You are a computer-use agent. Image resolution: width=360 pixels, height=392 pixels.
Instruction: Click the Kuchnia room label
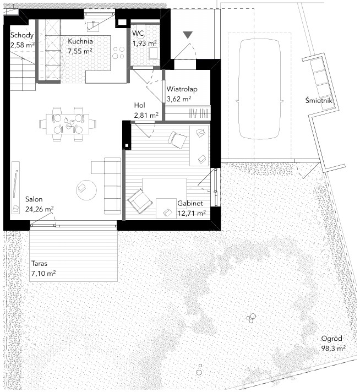[x=80, y=41]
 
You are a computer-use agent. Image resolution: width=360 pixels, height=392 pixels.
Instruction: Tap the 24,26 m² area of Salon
[x=39, y=209]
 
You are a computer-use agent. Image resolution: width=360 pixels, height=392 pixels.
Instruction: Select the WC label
[x=138, y=33]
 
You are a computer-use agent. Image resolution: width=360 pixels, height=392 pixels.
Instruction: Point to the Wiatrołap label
[x=182, y=89]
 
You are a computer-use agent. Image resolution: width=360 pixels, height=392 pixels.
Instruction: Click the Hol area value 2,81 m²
[x=146, y=115]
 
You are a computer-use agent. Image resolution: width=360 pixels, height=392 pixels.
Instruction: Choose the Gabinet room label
[x=190, y=204]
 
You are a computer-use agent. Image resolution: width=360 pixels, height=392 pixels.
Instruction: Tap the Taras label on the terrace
[x=39, y=264]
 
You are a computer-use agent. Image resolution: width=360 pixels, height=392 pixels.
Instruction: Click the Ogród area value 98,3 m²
[x=334, y=349]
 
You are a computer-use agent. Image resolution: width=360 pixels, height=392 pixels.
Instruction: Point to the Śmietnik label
[x=319, y=100]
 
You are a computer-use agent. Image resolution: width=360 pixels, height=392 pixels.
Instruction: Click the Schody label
[x=22, y=35]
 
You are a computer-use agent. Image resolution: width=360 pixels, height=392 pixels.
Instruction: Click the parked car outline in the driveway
[x=260, y=89]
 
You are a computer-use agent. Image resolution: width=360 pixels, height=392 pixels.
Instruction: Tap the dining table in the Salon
[x=68, y=124]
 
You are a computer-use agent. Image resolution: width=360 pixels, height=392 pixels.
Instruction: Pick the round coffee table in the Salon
[x=86, y=190]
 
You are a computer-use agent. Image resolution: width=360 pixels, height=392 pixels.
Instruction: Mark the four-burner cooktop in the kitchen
[x=118, y=53]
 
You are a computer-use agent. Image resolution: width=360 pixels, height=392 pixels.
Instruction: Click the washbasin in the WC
[x=153, y=53]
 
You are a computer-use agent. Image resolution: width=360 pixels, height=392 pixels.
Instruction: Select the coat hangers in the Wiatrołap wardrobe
[x=199, y=113]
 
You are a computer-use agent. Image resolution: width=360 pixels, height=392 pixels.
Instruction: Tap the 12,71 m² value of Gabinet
[x=192, y=213]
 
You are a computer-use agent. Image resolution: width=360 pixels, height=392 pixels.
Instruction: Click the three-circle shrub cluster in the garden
[x=252, y=318]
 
